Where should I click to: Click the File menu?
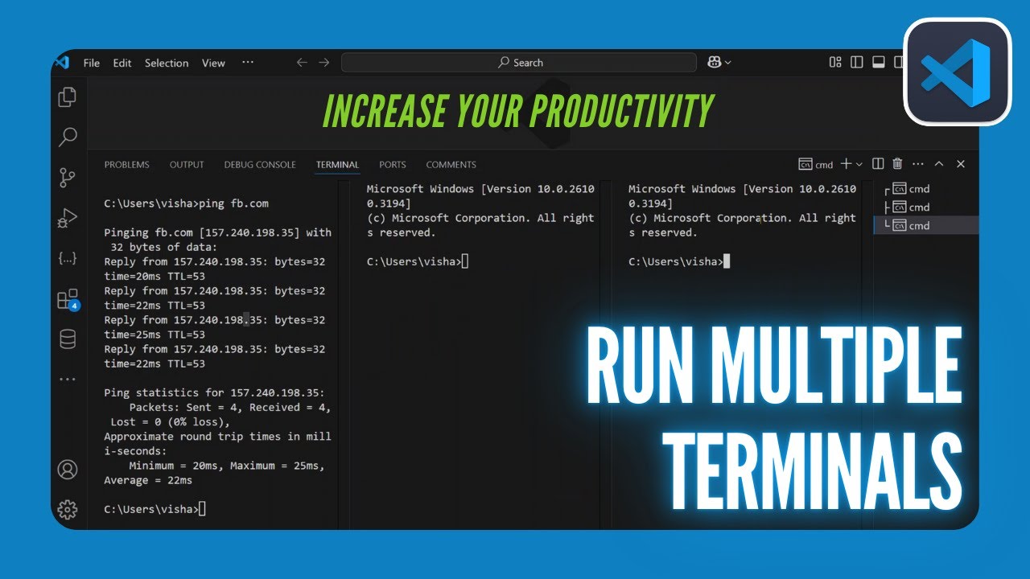92,63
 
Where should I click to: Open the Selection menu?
167,63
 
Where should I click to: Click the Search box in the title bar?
519,63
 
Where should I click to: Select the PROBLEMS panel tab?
126,165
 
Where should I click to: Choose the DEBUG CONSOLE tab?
260,165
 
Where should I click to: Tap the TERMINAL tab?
337,165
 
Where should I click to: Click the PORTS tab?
393,165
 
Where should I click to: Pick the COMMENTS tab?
451,165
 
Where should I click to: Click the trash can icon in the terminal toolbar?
898,164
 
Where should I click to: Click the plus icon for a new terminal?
846,164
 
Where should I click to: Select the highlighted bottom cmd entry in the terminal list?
918,226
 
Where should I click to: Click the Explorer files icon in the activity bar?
68,97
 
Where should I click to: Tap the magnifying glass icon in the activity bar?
68,138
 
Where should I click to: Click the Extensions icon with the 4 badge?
68,300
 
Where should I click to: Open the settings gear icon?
68,509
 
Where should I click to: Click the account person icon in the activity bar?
68,470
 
